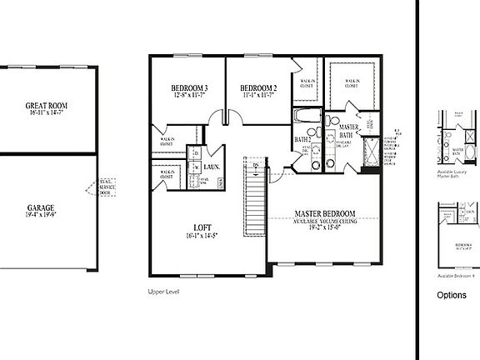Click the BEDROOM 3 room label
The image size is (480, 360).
click(x=189, y=88)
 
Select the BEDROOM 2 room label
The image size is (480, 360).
click(x=258, y=88)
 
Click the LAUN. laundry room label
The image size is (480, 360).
click(x=212, y=167)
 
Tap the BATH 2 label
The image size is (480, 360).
click(x=302, y=139)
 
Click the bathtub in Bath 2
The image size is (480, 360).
click(x=305, y=117)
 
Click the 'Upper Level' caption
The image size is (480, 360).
click(x=163, y=292)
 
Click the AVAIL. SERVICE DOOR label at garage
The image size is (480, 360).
click(x=107, y=187)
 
